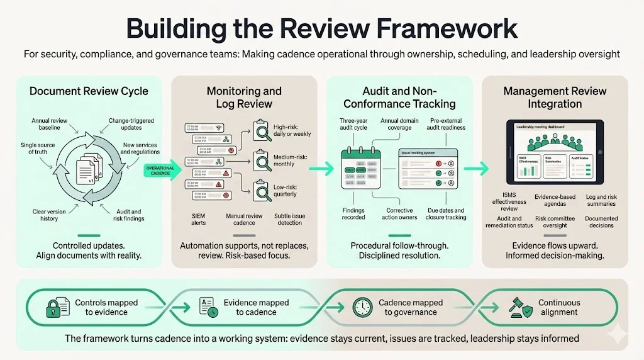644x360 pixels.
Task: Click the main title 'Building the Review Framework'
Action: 321,28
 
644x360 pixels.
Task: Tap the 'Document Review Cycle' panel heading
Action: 89,91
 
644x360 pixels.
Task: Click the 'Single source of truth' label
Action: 37,148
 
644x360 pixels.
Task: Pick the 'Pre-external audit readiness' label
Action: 448,123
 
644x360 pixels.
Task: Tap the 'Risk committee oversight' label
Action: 555,222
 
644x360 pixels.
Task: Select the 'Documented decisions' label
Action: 602,222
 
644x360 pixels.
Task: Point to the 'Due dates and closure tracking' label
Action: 445,214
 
